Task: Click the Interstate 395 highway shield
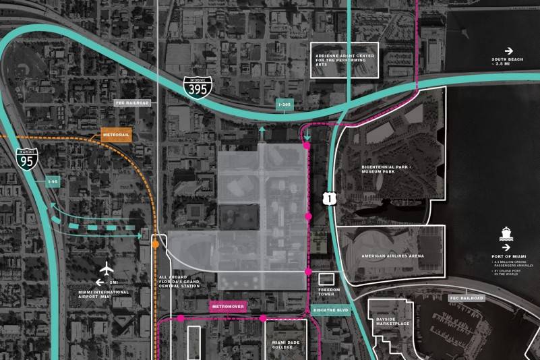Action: coord(198,88)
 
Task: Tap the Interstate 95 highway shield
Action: coord(28,158)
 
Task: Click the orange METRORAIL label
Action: coord(116,135)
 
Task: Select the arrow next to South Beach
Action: coord(509,51)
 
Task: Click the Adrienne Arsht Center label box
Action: coord(344,60)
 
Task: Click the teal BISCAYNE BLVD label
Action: coord(330,309)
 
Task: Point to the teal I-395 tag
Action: coord(285,104)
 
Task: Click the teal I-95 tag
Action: coord(53,181)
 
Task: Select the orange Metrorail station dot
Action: coord(155,245)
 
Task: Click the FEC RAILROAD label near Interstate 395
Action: coord(131,103)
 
